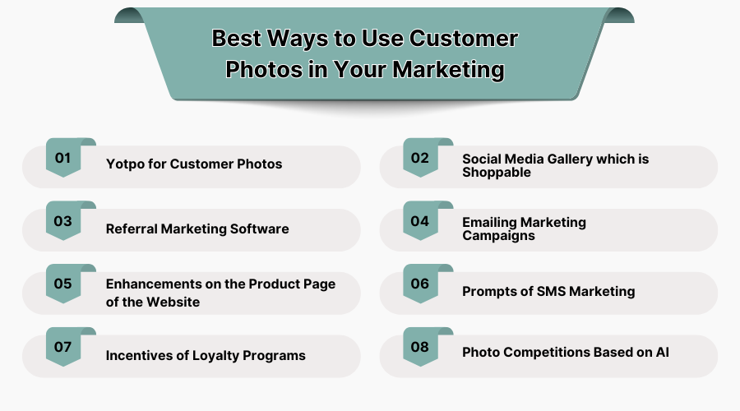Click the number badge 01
(x=63, y=158)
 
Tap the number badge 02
(x=420, y=158)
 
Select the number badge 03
(x=63, y=221)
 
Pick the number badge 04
(x=420, y=221)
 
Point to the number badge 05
(x=63, y=284)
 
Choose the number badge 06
(x=420, y=284)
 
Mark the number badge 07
(x=63, y=347)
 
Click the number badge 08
(x=420, y=347)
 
